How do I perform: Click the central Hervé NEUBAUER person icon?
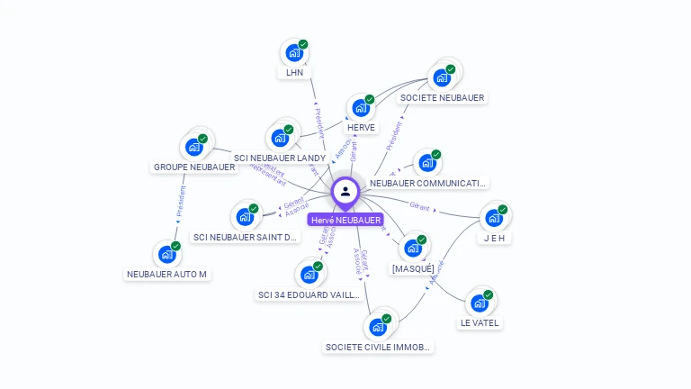point(345,192)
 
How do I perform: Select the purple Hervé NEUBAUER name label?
point(345,220)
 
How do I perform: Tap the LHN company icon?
point(293,53)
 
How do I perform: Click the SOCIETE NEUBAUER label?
point(442,98)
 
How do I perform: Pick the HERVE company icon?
point(360,108)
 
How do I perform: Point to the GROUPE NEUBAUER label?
point(194,167)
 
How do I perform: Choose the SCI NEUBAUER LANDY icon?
point(280,139)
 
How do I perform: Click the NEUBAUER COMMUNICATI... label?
point(428,183)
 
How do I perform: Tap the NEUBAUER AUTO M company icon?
point(166,255)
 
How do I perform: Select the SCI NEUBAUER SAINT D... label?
point(245,238)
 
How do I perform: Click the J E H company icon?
point(493,218)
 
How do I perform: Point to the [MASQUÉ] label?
point(413,268)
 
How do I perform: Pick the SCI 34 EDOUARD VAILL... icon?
point(309,275)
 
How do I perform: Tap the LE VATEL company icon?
point(479,303)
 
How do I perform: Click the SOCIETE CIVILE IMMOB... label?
point(378,347)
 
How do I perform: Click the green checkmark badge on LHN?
point(303,44)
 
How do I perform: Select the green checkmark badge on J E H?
point(503,209)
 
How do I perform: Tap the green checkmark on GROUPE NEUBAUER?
point(203,139)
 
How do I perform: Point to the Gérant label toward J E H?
point(419,205)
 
